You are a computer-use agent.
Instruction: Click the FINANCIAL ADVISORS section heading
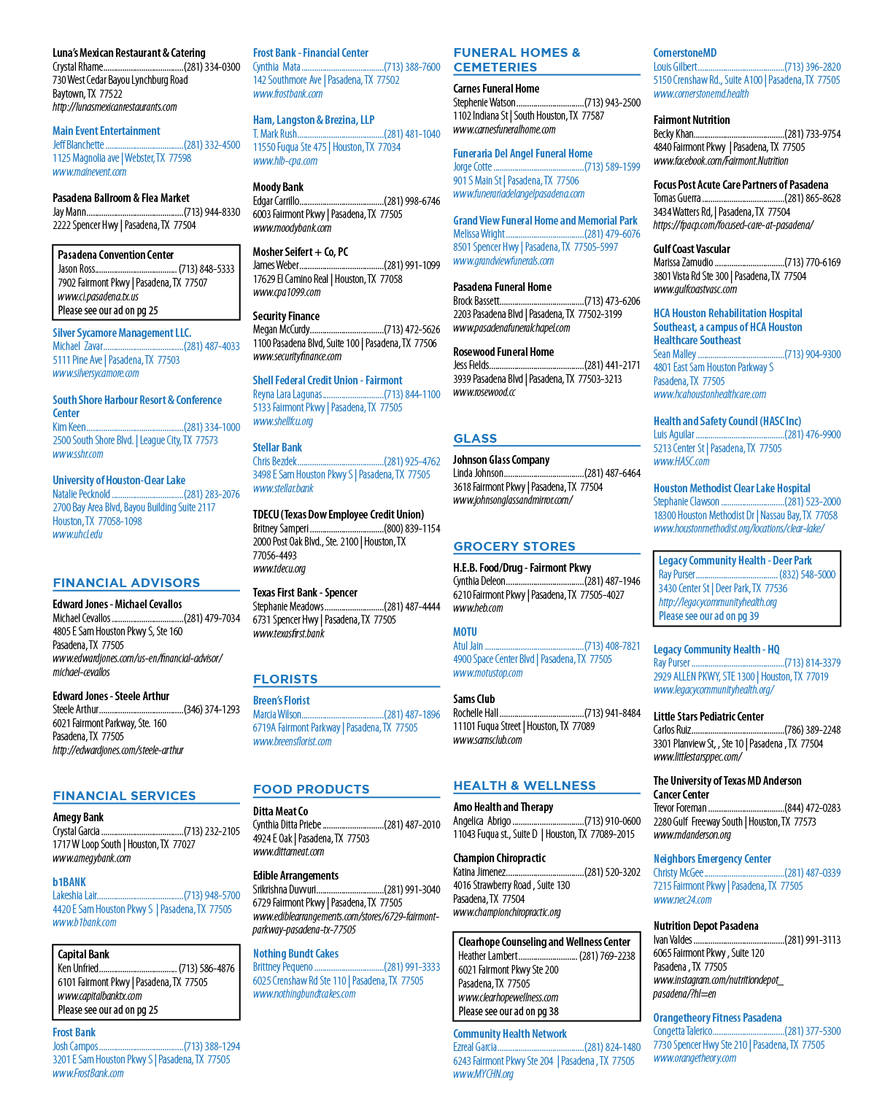pos(126,583)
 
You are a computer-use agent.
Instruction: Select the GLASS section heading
pos(475,438)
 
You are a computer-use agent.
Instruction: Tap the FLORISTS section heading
pos(285,679)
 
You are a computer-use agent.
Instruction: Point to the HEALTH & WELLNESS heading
pos(525,786)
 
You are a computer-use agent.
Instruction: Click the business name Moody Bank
pos(278,187)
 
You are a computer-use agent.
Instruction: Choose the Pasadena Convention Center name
pos(115,255)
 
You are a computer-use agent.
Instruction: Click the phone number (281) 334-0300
pos(212,66)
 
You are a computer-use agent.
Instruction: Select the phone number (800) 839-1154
pos(411,528)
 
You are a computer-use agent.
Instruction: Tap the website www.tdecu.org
pos(279,568)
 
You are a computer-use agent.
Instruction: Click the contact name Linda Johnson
pos(478,473)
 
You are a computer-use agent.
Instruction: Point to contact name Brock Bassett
pos(476,300)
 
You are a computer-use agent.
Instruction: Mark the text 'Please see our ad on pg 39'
pos(708,616)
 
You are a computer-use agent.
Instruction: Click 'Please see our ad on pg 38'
pos(508,1011)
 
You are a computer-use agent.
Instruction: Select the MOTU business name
pos(465,632)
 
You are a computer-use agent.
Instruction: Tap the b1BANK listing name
pos(69,882)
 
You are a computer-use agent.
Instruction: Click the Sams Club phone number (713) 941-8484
pos(612,713)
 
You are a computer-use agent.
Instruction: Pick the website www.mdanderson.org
pos(692,834)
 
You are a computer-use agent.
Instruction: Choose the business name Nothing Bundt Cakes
pos(295,953)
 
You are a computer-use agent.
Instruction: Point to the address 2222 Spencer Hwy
pos(85,225)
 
